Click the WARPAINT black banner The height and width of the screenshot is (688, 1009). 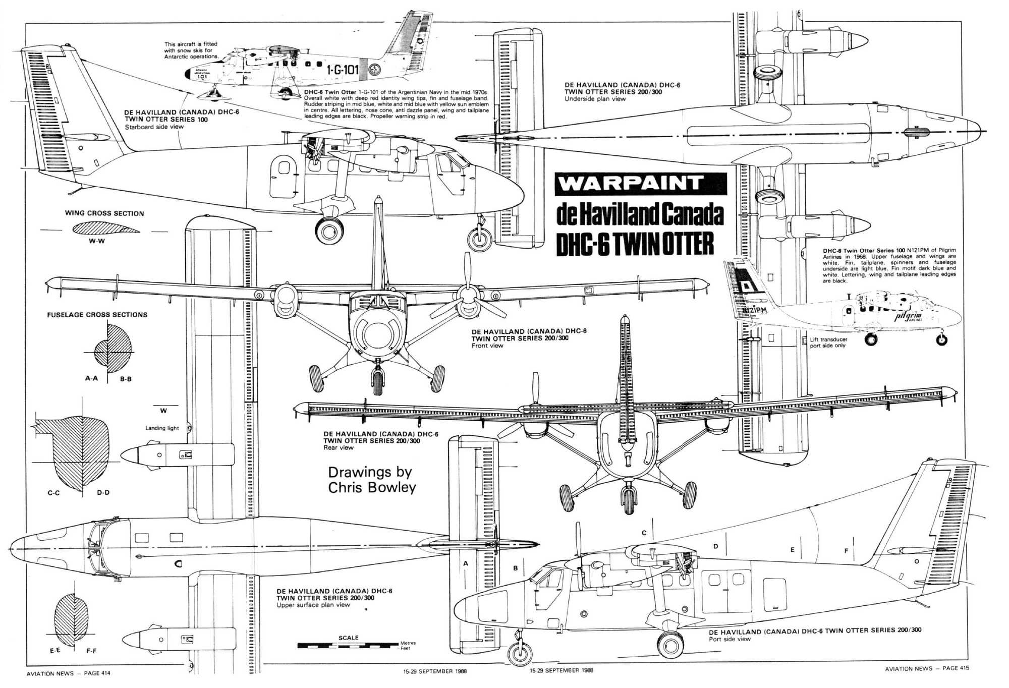pos(641,184)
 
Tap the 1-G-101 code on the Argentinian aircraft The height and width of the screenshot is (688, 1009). pos(343,70)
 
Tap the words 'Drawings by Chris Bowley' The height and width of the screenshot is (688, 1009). pos(372,480)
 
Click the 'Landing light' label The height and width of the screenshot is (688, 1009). pos(162,428)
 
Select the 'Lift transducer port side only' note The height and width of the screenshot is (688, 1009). pos(828,342)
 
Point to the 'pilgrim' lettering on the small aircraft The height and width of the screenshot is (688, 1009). pos(908,316)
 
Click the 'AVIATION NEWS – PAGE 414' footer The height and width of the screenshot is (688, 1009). pos(68,673)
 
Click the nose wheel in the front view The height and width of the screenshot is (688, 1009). pos(377,382)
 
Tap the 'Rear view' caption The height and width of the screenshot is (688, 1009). pos(339,447)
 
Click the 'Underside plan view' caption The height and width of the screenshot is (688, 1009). pos(595,99)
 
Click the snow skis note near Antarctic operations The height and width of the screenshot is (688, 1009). pos(191,50)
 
